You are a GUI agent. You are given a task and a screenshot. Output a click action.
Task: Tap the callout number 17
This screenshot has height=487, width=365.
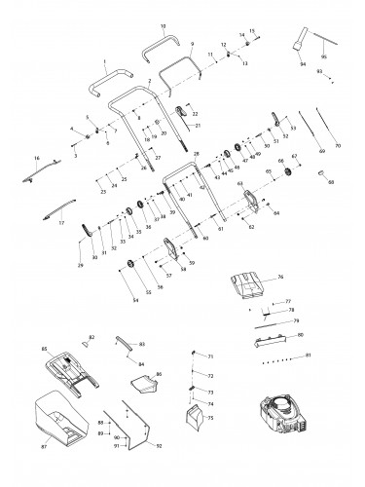pyautogui.click(x=59, y=222)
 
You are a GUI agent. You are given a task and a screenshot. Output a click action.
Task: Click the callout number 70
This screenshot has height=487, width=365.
pyautogui.click(x=338, y=146)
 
